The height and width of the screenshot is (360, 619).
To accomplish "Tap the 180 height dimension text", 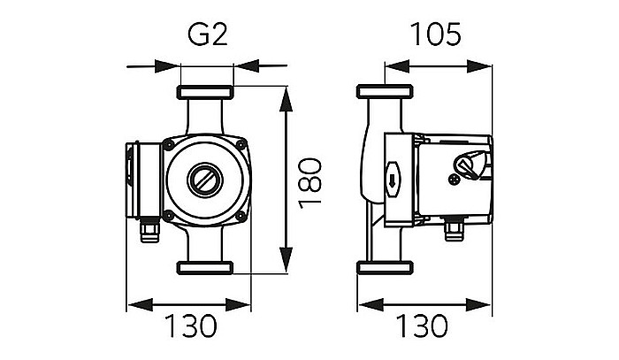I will point(309,182).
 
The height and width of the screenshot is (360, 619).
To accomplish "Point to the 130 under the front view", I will point(190,326).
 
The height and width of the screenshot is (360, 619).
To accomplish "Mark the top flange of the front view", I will point(206,93).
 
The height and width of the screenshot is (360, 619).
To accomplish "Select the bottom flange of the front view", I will point(206,267).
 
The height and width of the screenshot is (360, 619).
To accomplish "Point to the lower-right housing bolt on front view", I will point(240,214).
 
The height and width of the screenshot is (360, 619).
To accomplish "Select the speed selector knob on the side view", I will point(467,165).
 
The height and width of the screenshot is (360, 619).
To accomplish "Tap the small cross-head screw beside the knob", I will point(455,179).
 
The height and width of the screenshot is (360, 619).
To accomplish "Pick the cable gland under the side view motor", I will point(455,229).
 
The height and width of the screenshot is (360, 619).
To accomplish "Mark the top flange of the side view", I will point(384,92).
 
